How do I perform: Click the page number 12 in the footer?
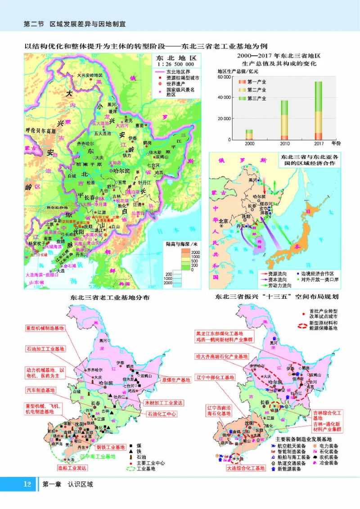[27, 484]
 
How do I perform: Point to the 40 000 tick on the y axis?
[224, 97]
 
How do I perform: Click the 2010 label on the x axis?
[283, 144]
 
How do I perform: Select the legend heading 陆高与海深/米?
[181, 244]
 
